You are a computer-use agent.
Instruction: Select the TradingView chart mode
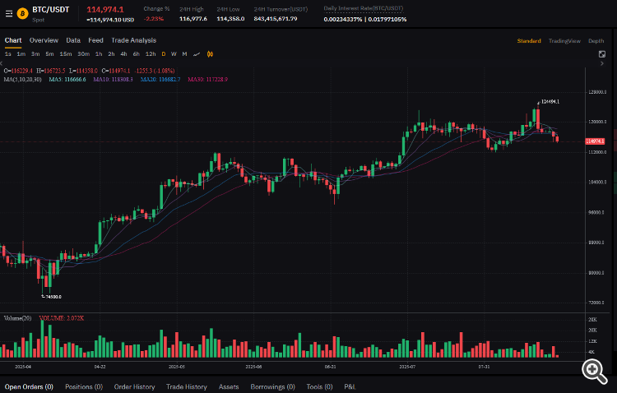tap(564, 40)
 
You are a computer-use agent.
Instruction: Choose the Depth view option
tap(596, 40)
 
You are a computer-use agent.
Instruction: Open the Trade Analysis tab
tap(134, 39)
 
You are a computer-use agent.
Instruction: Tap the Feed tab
tap(95, 39)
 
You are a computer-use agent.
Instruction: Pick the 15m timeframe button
tap(65, 53)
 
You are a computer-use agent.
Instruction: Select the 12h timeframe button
tap(150, 53)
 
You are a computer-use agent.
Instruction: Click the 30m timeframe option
tap(83, 53)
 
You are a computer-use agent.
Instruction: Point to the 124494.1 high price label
tap(549, 101)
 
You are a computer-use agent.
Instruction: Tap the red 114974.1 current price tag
tap(596, 141)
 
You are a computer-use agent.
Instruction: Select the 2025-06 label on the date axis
tap(253, 366)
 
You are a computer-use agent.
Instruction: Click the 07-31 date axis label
tap(484, 366)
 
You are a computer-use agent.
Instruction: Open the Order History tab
tap(134, 386)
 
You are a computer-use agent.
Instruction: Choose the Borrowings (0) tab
tap(273, 386)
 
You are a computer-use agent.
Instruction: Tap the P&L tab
tap(350, 386)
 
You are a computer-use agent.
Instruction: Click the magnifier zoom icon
tap(592, 369)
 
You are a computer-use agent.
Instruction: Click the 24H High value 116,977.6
tap(193, 17)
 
